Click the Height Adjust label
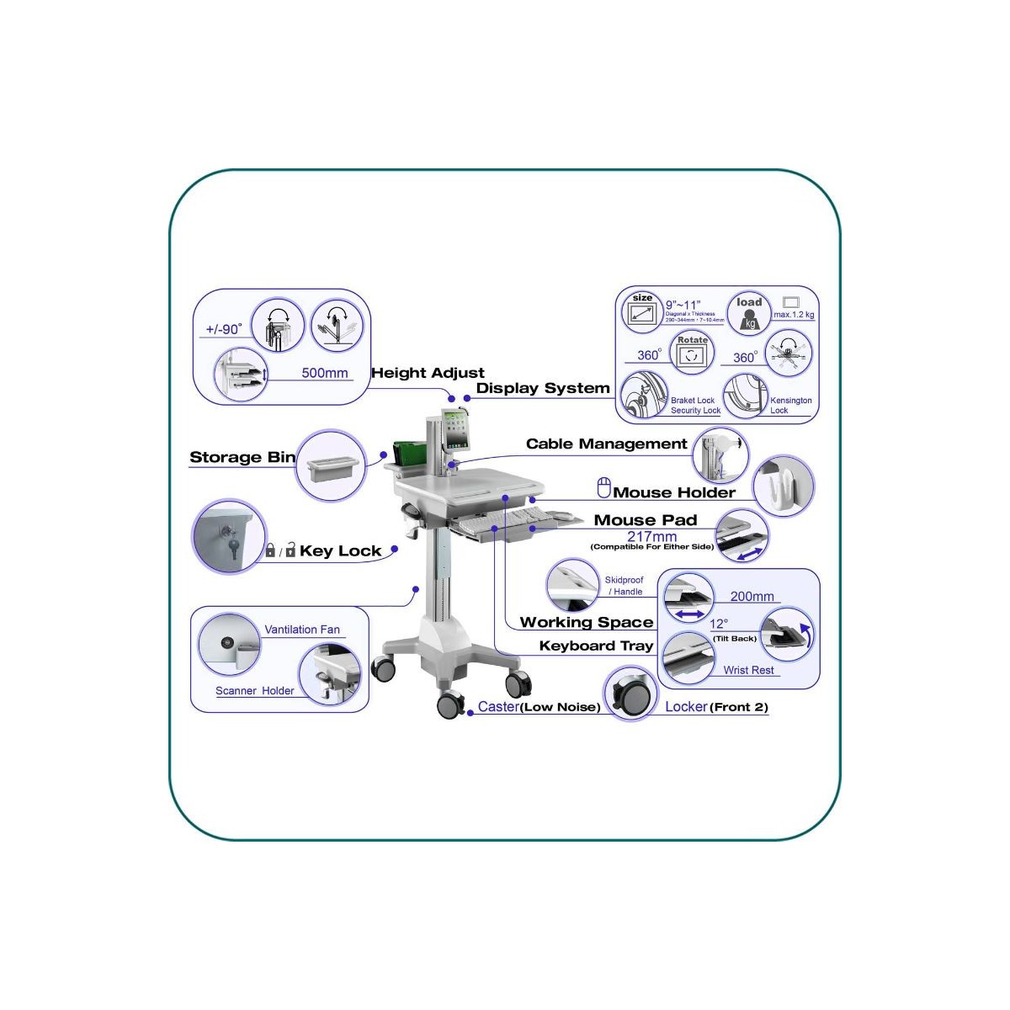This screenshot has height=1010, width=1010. pos(428,373)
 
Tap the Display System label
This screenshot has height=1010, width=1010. pos(543,388)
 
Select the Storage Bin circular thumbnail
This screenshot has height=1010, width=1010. pos(331,465)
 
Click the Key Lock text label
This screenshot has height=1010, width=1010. pos(340,551)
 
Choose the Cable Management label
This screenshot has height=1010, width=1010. pos(607,444)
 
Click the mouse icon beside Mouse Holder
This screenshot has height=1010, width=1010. pos(603,488)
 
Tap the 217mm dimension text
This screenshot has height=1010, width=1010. pos(651,536)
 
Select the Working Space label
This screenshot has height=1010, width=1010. pos(587,622)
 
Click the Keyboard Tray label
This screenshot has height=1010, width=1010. pos(596,646)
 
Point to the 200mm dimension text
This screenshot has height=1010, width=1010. pos(752,596)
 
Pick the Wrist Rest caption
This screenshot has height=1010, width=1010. pos(748,670)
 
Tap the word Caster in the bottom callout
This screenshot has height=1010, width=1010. pos(498,707)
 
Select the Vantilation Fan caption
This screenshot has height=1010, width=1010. pos(302,630)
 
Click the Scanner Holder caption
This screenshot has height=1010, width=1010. pos(255,691)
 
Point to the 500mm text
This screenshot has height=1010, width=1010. pos(325,373)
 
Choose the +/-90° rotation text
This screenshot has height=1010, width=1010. pos(224,329)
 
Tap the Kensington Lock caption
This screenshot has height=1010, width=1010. pos(790,405)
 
